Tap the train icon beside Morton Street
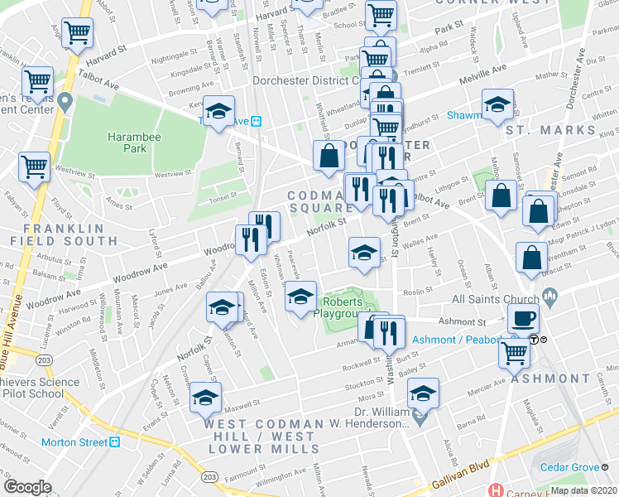pos(114,442)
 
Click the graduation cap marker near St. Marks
pos(497,105)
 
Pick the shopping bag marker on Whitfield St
pos(329,155)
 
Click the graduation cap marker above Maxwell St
pos(206,398)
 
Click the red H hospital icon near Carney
pos(496,490)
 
